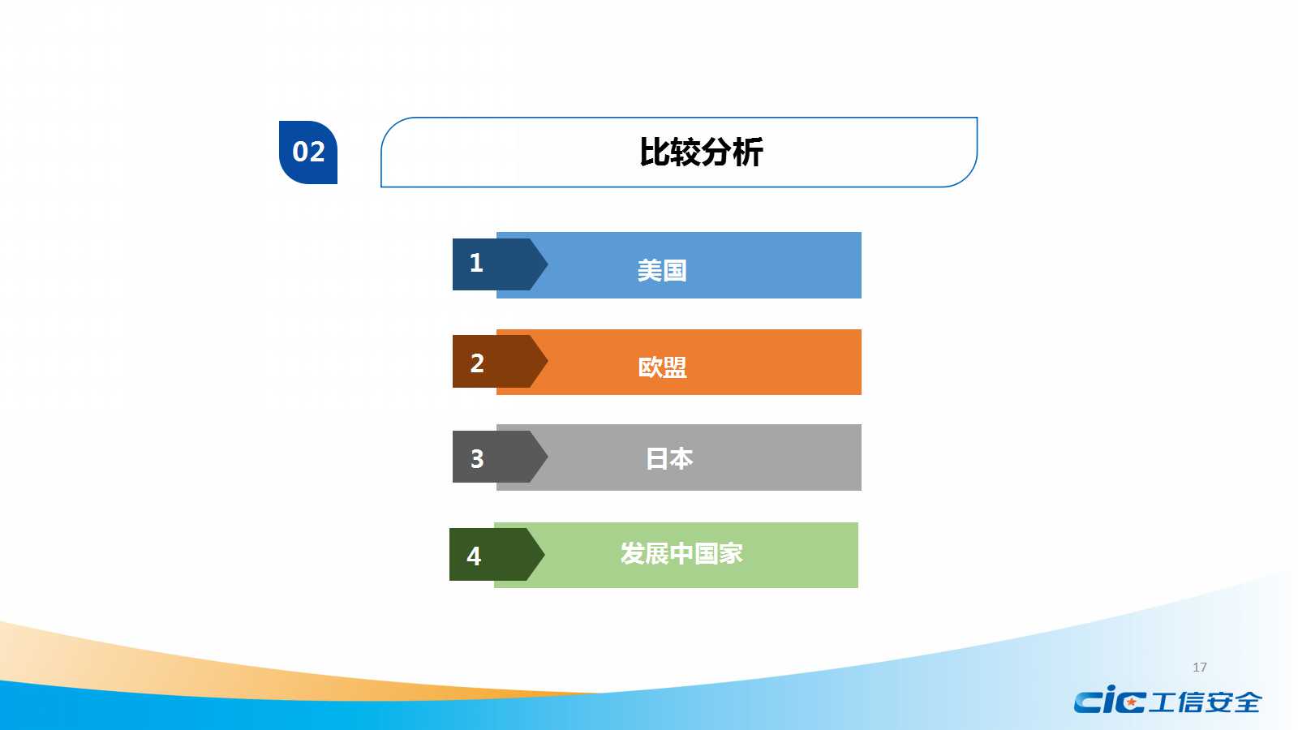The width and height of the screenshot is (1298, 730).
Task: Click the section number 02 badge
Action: point(307,152)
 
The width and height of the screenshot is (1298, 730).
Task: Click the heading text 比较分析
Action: point(701,152)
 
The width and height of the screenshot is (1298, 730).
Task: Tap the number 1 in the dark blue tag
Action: point(475,264)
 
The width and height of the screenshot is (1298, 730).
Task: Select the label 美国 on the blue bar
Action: point(662,271)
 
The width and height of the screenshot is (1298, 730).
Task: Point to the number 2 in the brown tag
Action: point(476,363)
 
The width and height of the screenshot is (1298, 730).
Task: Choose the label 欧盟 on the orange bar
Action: point(662,367)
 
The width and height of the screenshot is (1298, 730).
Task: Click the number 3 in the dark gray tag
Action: point(476,459)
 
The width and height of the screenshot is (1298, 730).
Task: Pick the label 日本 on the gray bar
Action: point(669,458)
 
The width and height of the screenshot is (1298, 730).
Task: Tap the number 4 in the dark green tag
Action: point(474,556)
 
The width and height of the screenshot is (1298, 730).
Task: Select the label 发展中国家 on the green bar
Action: point(681,554)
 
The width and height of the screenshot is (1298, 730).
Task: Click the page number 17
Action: point(1200,668)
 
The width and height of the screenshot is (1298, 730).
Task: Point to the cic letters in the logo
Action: point(1110,701)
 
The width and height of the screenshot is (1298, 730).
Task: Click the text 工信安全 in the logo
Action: point(1205,702)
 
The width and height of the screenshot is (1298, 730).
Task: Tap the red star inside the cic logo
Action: point(1131,702)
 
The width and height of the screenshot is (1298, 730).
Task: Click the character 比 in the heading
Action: point(655,152)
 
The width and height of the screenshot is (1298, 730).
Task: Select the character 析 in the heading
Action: point(748,152)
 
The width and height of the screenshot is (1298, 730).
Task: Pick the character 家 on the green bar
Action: point(731,554)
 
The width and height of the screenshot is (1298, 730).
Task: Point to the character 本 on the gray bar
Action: point(682,458)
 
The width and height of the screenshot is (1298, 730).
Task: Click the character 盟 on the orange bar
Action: point(674,367)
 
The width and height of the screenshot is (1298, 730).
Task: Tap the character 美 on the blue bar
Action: point(649,271)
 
